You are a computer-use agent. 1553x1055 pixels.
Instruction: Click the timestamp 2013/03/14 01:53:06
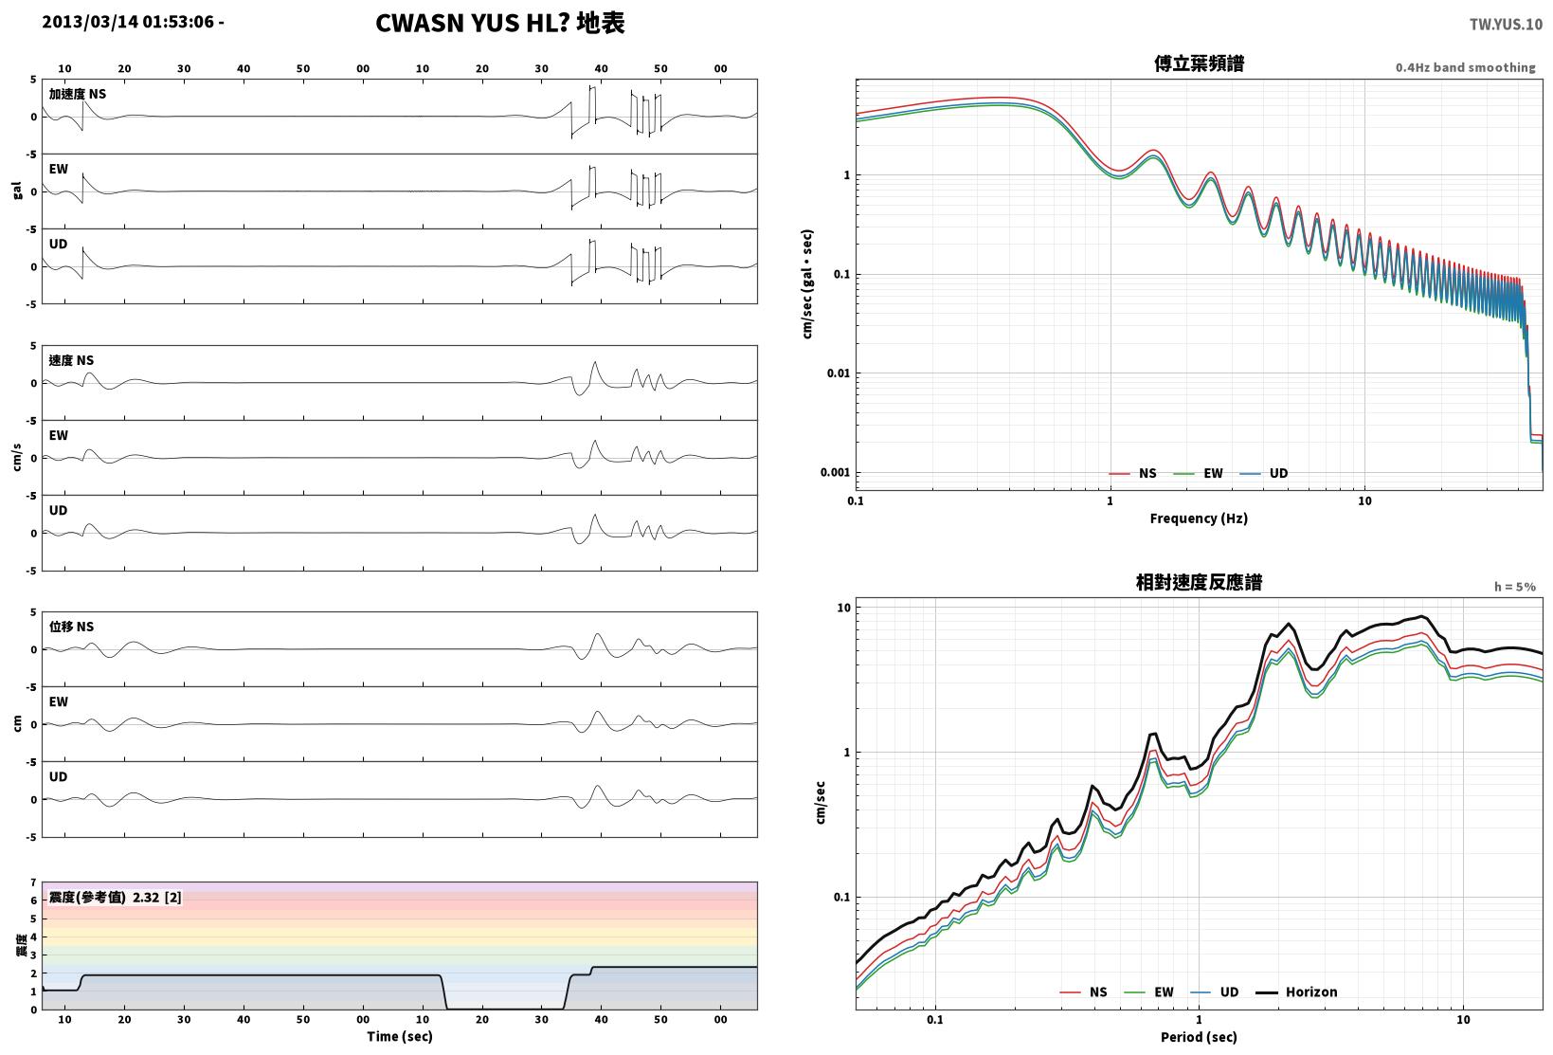click(x=128, y=22)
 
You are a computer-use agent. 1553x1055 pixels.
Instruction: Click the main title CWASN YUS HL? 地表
click(x=500, y=23)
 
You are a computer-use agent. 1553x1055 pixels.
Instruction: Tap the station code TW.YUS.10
click(x=1506, y=25)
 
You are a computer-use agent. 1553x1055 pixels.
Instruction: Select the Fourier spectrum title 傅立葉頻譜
click(x=1199, y=64)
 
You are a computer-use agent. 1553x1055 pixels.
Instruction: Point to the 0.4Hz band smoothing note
click(x=1466, y=67)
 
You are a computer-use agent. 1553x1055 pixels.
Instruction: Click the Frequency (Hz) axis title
click(x=1199, y=518)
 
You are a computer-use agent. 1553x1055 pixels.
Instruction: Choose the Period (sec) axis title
click(x=1199, y=1037)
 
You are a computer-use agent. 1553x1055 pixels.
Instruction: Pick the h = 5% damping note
click(x=1515, y=587)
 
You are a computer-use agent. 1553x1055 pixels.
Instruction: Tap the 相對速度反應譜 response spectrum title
click(x=1199, y=582)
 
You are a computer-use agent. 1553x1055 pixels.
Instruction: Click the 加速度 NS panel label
click(x=78, y=94)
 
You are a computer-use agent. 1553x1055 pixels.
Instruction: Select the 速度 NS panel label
click(x=71, y=360)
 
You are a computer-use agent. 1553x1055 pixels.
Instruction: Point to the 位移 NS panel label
click(x=71, y=627)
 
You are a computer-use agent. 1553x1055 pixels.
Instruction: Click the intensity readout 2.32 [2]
click(x=157, y=898)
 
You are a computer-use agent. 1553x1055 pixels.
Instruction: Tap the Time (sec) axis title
click(x=400, y=1036)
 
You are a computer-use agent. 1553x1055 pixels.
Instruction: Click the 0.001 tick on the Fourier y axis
click(x=835, y=472)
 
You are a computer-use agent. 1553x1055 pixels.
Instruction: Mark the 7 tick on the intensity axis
click(x=33, y=882)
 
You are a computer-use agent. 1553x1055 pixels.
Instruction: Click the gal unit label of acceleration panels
click(x=17, y=191)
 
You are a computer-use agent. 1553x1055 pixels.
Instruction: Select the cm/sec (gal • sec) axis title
click(x=807, y=284)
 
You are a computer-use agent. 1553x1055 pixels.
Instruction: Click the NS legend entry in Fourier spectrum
click(x=1133, y=473)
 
